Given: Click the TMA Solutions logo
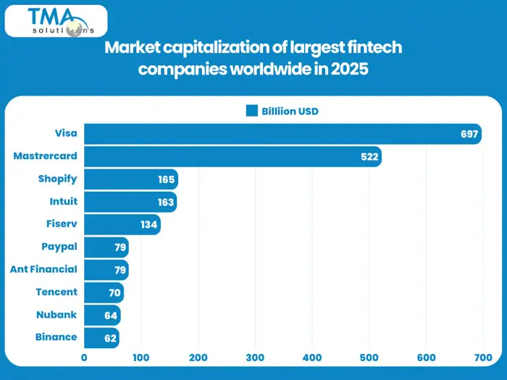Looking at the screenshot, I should coord(56,21).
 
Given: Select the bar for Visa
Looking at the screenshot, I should coord(282,134).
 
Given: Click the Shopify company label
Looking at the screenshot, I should coord(57,179).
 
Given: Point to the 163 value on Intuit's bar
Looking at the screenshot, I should coord(166,201).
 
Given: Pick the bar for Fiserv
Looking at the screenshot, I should coord(122,224).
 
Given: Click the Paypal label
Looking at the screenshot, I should coord(60,247).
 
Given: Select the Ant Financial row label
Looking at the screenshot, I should coord(43,269).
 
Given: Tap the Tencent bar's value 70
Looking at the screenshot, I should coord(114,292).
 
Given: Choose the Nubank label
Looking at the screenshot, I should coord(56,314).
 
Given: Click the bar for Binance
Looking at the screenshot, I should coord(101,337).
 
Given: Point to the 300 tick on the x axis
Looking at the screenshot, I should coord(255,358).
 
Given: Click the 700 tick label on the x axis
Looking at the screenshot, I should coord(482,358).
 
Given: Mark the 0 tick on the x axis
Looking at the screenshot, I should coord(84,358).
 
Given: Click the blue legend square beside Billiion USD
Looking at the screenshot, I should coord(252,111).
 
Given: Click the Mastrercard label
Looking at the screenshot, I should coord(45,156).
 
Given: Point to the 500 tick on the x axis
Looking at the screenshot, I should coord(369,358).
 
